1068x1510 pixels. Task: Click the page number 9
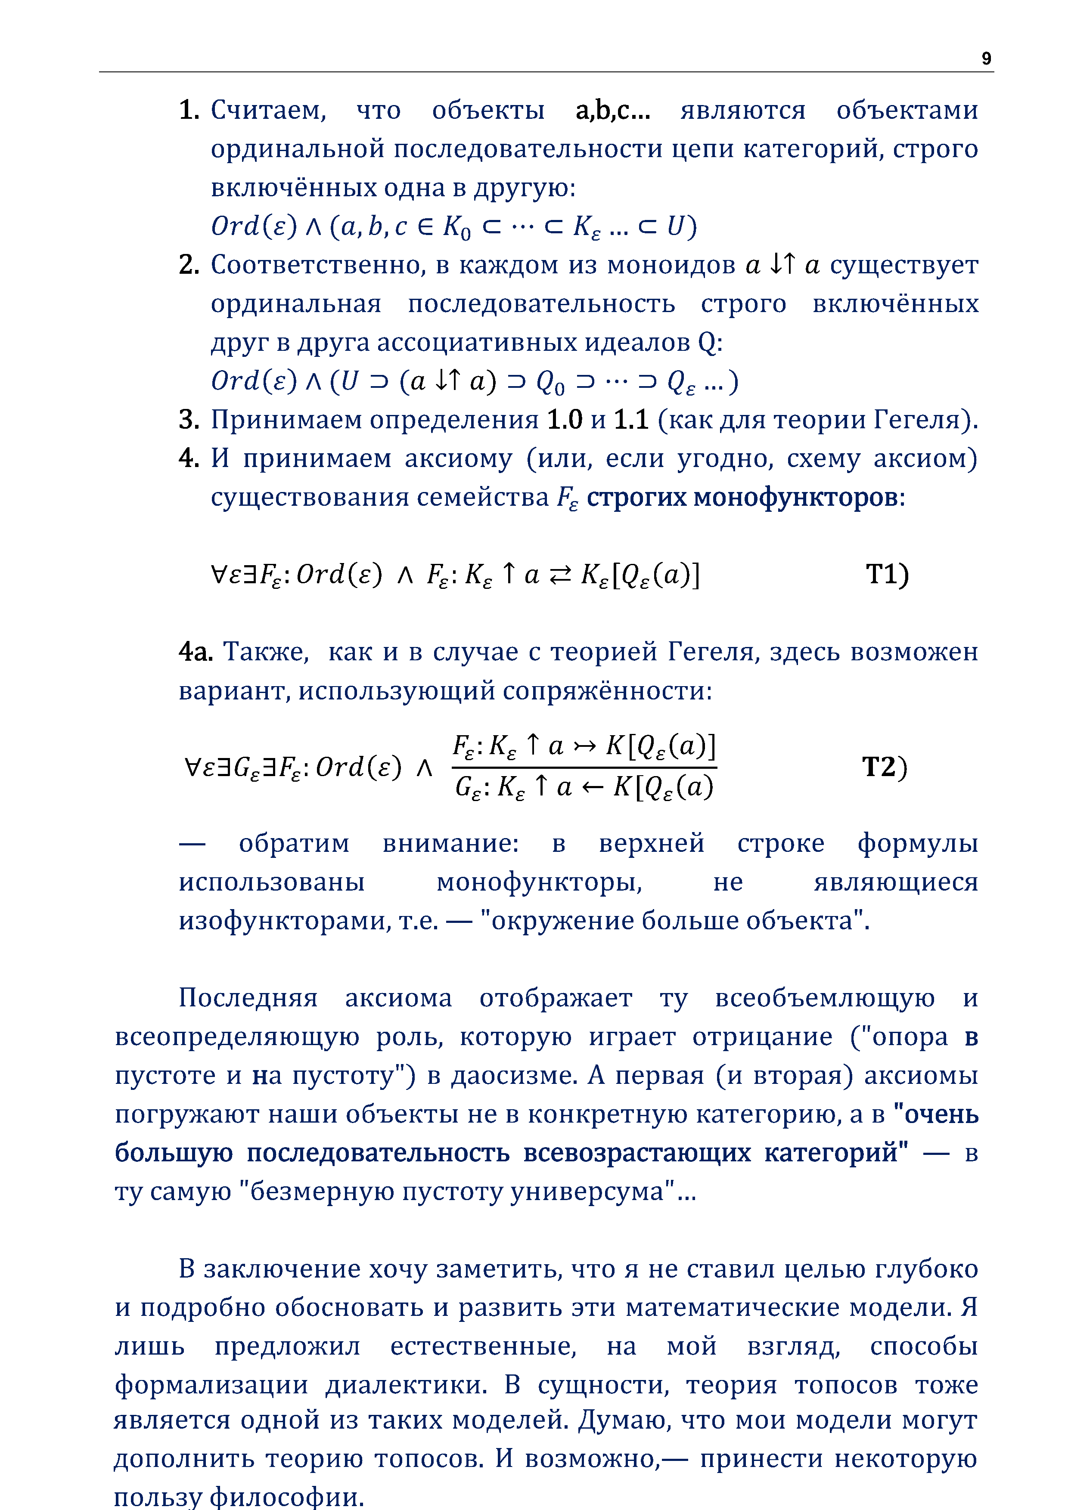pyautogui.click(x=986, y=59)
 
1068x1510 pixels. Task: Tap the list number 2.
pyautogui.click(x=188, y=265)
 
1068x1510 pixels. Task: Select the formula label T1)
pyautogui.click(x=887, y=574)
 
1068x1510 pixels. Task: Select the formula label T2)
pyautogui.click(x=885, y=767)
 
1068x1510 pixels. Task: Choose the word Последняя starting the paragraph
pyautogui.click(x=248, y=998)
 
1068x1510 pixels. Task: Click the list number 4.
pyautogui.click(x=188, y=458)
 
